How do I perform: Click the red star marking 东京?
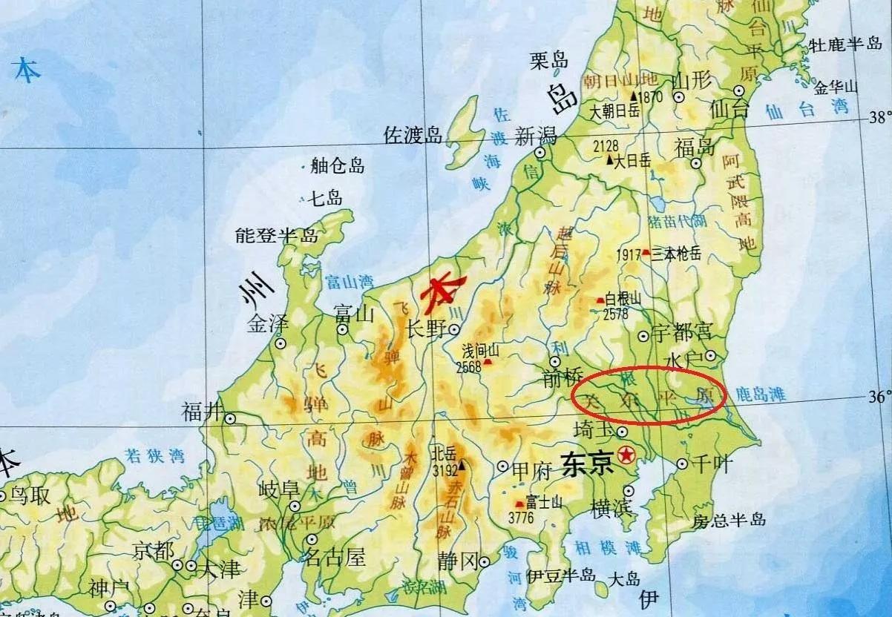pyautogui.click(x=629, y=452)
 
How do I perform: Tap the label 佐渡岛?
pyautogui.click(x=413, y=135)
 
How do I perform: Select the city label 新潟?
pyautogui.click(x=536, y=136)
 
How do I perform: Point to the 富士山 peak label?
pyautogui.click(x=544, y=502)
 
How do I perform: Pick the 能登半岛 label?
pyautogui.click(x=276, y=236)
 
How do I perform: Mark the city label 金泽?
pyautogui.click(x=267, y=324)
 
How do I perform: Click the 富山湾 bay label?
pyautogui.click(x=349, y=281)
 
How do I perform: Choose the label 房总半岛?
pyautogui.click(x=729, y=520)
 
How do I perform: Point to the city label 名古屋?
pyautogui.click(x=335, y=556)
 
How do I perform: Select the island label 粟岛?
pyautogui.click(x=549, y=62)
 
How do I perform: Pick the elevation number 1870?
pyautogui.click(x=650, y=96)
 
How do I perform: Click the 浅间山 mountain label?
pyautogui.click(x=482, y=350)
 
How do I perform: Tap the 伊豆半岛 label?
pyautogui.click(x=562, y=575)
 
